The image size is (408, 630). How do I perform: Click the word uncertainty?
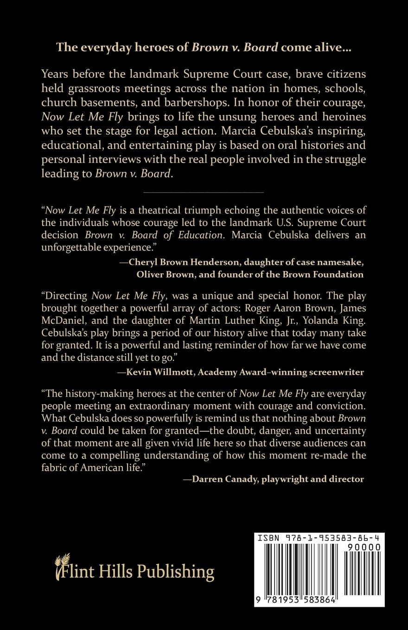[x=339, y=431]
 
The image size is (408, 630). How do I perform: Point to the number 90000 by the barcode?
[x=364, y=547]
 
